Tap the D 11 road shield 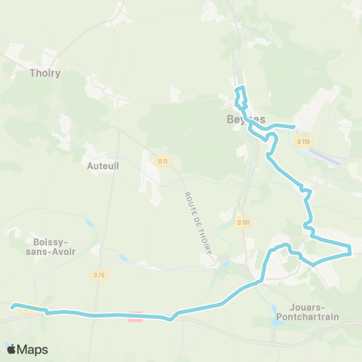[x=163, y=161]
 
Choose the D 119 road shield [x=303, y=141]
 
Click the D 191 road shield [x=243, y=222]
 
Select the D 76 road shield [x=99, y=275]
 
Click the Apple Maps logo [x=26, y=349]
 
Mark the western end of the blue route [x=12, y=306]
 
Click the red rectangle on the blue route [x=135, y=317]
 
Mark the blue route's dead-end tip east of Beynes [x=293, y=126]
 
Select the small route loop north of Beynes [x=241, y=97]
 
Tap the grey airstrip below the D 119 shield [x=325, y=157]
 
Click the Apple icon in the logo [x=11, y=349]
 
